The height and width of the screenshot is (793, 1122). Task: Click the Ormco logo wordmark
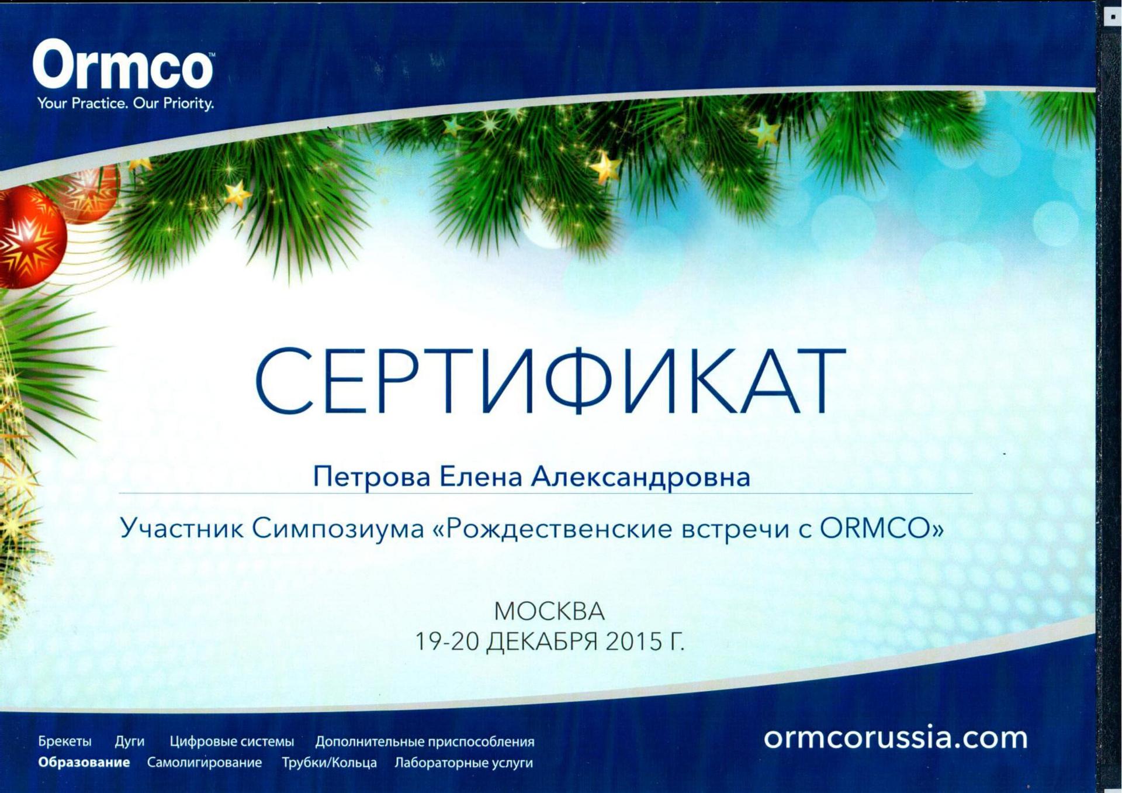click(123, 64)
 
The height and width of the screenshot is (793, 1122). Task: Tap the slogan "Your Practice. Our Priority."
click(126, 104)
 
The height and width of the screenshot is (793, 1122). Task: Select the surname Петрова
click(372, 477)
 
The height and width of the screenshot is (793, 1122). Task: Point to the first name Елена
click(480, 476)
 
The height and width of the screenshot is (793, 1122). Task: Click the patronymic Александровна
click(640, 477)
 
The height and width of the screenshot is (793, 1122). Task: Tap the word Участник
click(182, 528)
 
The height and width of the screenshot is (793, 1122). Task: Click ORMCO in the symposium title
click(875, 528)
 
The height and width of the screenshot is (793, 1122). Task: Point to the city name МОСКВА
click(549, 612)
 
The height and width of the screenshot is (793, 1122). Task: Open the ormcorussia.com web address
click(895, 737)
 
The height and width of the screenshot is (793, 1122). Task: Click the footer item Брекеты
click(65, 742)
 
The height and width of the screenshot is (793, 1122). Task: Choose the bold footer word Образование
click(84, 763)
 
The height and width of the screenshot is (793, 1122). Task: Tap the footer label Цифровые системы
click(232, 742)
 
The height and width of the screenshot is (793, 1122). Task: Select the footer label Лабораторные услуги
click(464, 763)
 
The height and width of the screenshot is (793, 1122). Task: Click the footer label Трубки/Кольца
click(329, 763)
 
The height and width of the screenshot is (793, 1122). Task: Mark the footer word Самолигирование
click(205, 763)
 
